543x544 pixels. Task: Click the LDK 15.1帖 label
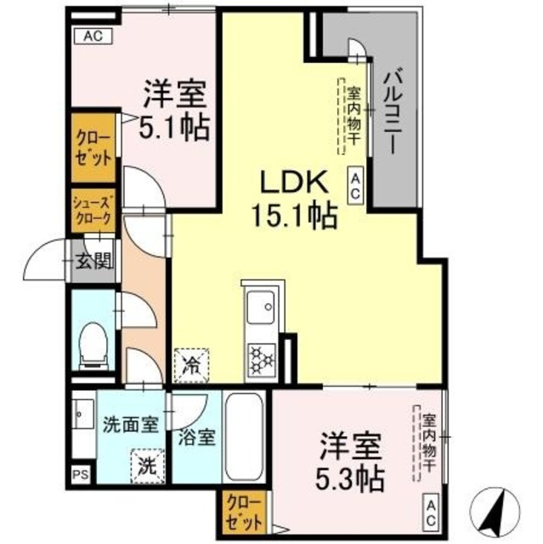tap(293, 198)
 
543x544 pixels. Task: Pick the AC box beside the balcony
tap(356, 184)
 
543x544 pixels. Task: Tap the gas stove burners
tap(259, 358)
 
